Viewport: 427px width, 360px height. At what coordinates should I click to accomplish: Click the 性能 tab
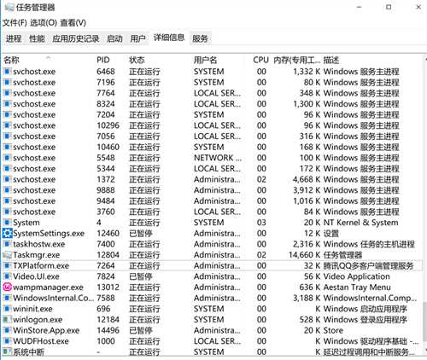(x=37, y=38)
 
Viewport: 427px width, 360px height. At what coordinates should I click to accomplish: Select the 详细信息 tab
(x=168, y=38)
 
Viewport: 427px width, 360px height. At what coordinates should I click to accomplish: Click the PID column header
(x=103, y=61)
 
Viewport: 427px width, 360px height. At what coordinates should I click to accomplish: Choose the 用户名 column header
(x=206, y=61)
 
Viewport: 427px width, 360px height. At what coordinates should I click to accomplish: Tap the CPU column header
(x=260, y=61)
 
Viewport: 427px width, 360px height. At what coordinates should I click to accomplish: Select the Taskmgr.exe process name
(x=37, y=254)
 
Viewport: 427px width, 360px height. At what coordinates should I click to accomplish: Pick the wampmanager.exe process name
(x=48, y=287)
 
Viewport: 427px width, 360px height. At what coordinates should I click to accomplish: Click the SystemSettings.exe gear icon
(x=7, y=233)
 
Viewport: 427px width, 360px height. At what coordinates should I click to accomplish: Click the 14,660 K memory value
(x=296, y=254)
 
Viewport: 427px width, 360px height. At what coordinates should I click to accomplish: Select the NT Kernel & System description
(x=361, y=223)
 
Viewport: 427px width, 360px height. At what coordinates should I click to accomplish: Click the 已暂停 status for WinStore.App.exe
(x=141, y=330)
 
